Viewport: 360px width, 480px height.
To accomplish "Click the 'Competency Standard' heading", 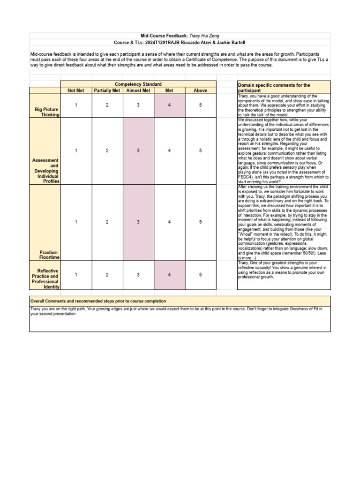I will pyautogui.click(x=138, y=84).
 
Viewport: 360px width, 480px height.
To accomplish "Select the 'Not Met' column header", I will pyautogui.click(x=76, y=90).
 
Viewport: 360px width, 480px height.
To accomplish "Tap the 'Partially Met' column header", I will pyautogui.click(x=107, y=90).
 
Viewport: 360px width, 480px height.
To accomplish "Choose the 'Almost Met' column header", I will pyautogui.click(x=138, y=90).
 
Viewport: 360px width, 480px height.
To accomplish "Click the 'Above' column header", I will pyautogui.click(x=200, y=90).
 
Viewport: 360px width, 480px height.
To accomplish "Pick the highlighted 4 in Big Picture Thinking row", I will pyautogui.click(x=169, y=105).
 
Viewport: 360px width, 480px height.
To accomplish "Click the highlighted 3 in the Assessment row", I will pyautogui.click(x=138, y=150).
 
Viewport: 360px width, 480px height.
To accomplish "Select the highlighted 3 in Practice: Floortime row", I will pyautogui.click(x=138, y=222).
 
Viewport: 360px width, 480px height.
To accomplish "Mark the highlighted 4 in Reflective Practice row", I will pyautogui.click(x=169, y=275).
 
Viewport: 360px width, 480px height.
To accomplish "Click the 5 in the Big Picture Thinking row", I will pyautogui.click(x=200, y=105).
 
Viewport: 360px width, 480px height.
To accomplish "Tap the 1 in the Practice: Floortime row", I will pyautogui.click(x=76, y=222).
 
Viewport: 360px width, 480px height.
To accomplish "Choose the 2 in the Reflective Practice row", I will pyautogui.click(x=107, y=275).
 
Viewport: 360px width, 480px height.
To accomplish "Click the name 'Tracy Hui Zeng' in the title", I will pyautogui.click(x=204, y=36).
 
